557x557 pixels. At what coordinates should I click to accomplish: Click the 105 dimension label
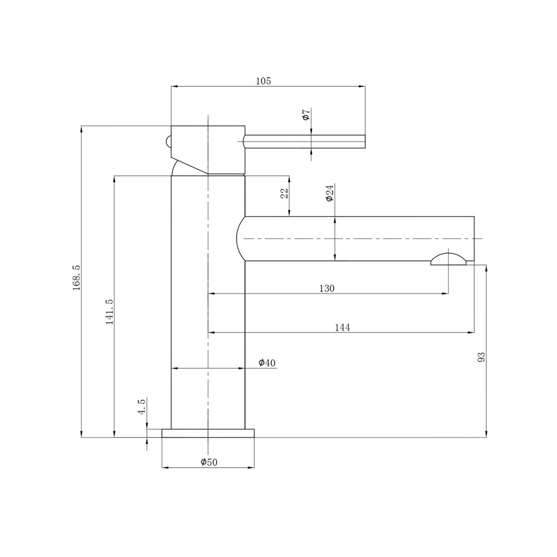263,81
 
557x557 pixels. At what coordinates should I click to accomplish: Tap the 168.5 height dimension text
77,278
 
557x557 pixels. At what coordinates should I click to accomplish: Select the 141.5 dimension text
109,312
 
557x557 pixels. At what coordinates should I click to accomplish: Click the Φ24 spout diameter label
330,193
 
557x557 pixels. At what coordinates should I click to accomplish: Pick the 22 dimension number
284,193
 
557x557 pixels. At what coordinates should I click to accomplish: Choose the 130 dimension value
326,288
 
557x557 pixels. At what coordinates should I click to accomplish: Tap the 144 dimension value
342,327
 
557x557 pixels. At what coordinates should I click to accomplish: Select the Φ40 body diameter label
267,363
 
